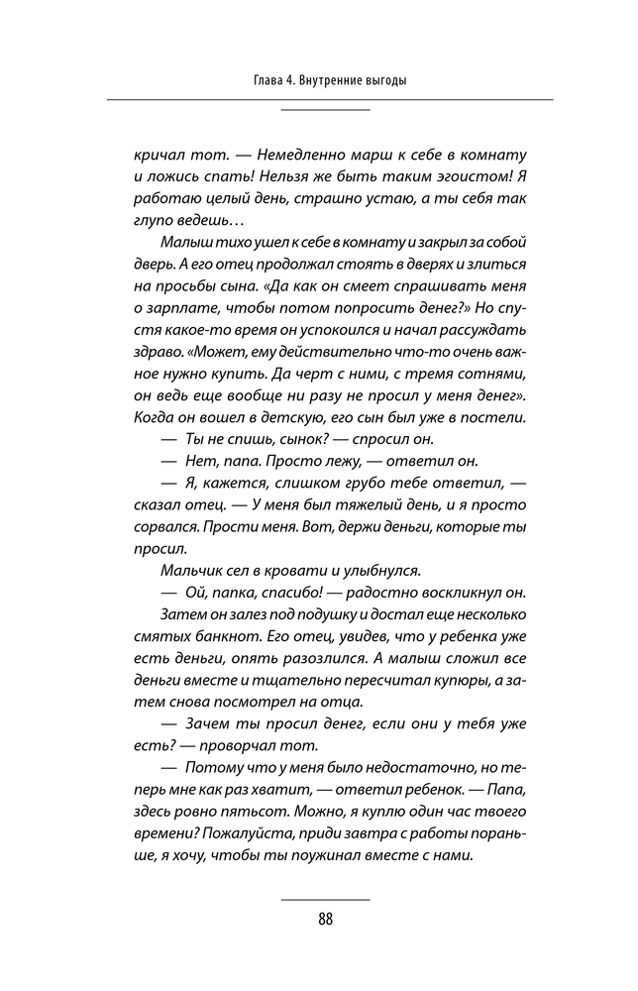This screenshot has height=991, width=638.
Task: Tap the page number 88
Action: [326, 919]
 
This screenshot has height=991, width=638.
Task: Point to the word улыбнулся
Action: [380, 570]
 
